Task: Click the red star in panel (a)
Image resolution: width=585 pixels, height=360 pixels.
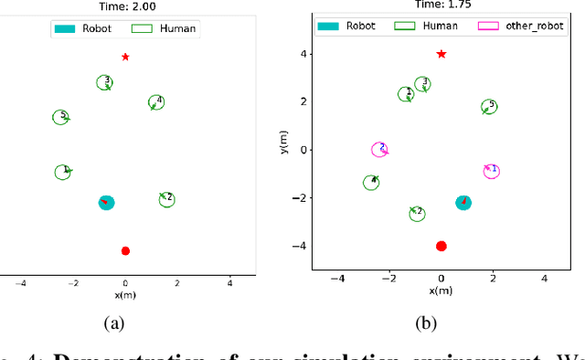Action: [x=125, y=57]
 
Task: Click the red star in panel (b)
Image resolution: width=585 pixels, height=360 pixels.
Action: [x=441, y=54]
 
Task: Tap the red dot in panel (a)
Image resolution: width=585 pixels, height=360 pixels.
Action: [x=125, y=250]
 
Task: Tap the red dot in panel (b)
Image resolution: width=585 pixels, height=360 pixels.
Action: [x=441, y=246]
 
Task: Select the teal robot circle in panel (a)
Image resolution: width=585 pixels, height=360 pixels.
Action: [x=106, y=202]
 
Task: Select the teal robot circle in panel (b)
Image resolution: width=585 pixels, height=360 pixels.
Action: [x=463, y=202]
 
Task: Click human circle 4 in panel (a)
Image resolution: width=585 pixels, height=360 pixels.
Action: [x=156, y=103]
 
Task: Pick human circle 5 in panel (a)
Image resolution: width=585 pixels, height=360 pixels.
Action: [x=60, y=118]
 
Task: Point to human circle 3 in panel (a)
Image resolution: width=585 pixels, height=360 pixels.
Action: [x=105, y=83]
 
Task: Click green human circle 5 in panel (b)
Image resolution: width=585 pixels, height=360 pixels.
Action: [x=489, y=108]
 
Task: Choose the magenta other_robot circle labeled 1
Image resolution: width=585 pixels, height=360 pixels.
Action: [x=492, y=171]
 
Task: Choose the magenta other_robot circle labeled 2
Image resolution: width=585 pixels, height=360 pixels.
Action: [x=379, y=149]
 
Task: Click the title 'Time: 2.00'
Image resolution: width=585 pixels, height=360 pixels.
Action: [x=125, y=6]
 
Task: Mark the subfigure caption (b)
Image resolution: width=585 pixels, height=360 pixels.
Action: [x=426, y=322]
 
